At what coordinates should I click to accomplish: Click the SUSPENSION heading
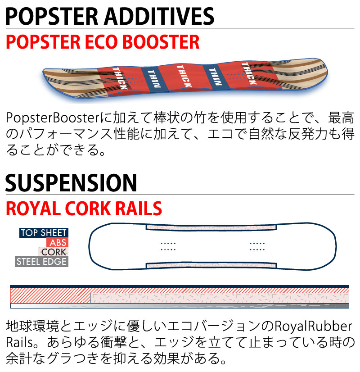coord(71,183)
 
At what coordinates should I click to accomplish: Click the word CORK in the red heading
coord(88,209)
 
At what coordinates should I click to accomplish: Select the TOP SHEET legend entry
coord(44,233)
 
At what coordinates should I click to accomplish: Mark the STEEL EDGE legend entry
coord(41,261)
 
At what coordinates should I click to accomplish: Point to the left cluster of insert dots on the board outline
coord(168,245)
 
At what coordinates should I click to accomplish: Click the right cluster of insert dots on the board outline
coord(257,245)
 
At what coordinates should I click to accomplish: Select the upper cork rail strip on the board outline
coord(211,227)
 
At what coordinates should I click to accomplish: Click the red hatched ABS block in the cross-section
coord(49,297)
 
